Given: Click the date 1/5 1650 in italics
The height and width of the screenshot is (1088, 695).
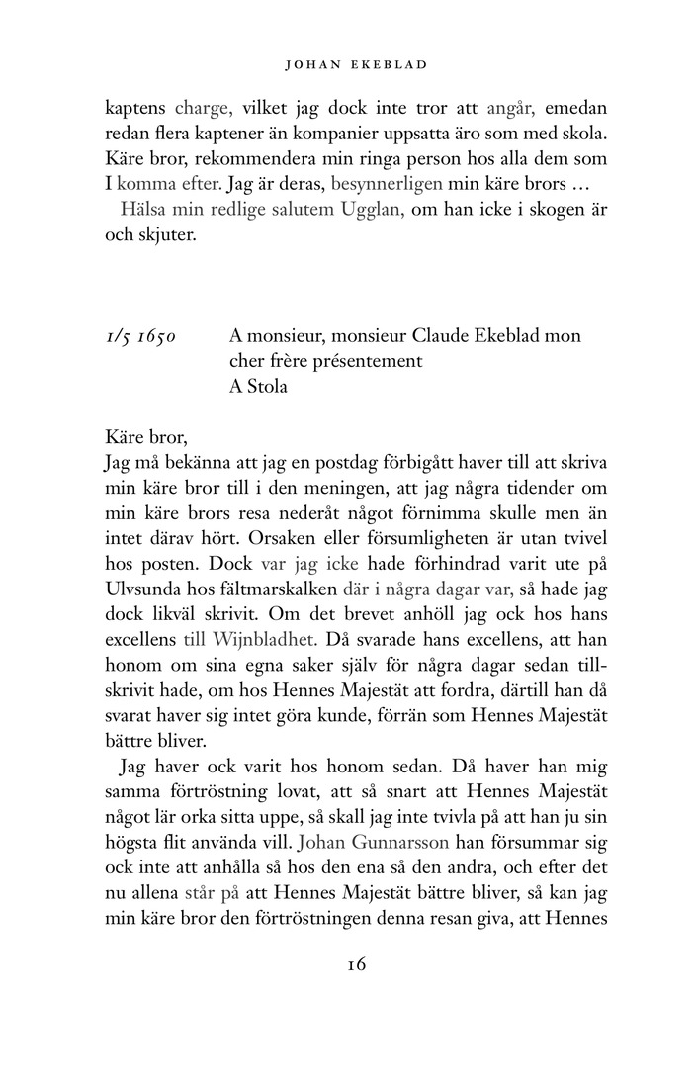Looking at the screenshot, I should point(141,336).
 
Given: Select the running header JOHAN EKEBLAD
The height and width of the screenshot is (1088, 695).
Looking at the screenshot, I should point(348,66).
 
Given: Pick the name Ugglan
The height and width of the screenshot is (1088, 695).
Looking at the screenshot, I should point(370,209).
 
